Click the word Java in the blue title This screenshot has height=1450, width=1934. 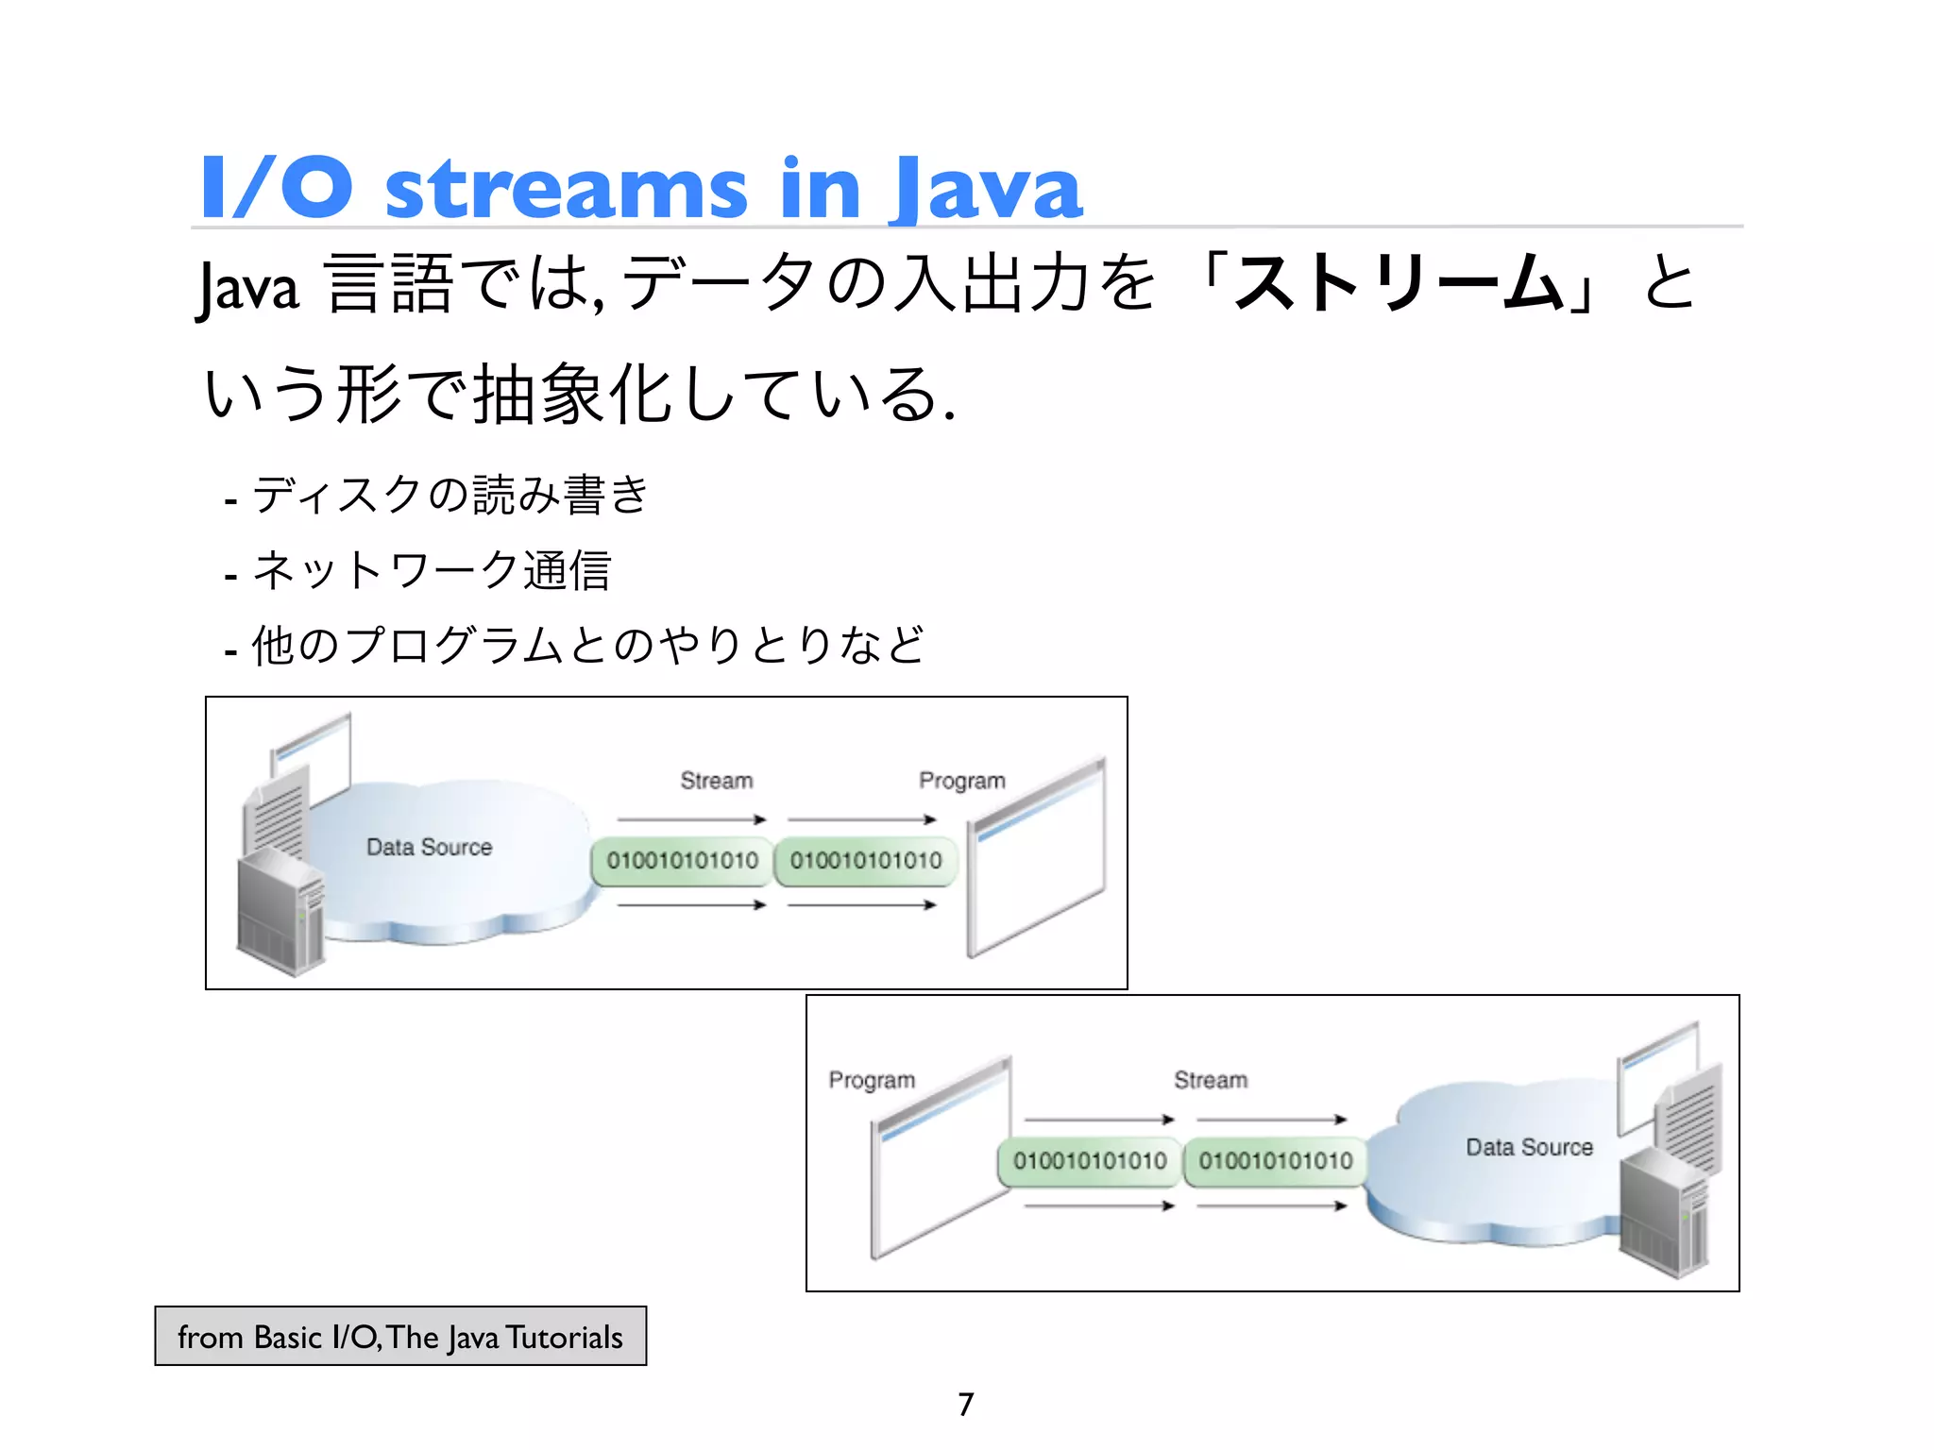pos(988,189)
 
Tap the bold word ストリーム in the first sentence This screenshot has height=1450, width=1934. pos(1398,283)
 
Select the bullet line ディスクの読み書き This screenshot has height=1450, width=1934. pos(439,495)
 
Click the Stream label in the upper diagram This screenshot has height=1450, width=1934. pos(717,781)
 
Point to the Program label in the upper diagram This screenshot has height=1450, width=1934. pos(961,781)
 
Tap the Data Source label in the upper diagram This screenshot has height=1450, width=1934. pos(429,847)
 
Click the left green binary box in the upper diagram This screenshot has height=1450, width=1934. pos(682,861)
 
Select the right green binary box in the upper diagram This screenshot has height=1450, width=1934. pos(865,861)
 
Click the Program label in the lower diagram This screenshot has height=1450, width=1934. pos(872,1080)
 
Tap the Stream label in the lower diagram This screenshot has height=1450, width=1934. pos(1210,1080)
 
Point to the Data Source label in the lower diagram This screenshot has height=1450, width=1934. pos(1529,1147)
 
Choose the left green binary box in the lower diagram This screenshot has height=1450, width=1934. pos(1089,1161)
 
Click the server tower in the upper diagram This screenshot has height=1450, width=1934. pos(280,911)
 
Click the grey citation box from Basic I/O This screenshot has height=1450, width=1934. pos(400,1337)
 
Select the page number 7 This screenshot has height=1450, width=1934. pos(965,1404)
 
